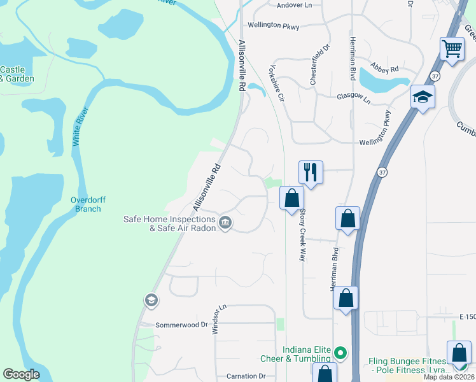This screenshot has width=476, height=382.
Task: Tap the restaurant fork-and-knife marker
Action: (x=311, y=172)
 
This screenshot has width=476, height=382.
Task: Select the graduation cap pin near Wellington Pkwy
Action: (x=423, y=97)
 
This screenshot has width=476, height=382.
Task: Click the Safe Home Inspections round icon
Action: (x=225, y=222)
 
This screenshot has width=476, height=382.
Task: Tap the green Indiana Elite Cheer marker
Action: (x=340, y=352)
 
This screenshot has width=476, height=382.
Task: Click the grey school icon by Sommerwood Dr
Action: (x=151, y=300)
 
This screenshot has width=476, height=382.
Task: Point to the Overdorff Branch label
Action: (x=85, y=204)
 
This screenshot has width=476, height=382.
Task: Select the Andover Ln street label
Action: (x=295, y=5)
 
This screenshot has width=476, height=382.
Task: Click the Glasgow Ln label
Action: (x=353, y=97)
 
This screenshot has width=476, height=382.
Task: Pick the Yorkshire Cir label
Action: (x=276, y=83)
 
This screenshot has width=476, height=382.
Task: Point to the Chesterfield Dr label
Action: (x=319, y=64)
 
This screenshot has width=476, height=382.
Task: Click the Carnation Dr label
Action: (x=244, y=376)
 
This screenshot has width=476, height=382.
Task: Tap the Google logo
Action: (x=21, y=374)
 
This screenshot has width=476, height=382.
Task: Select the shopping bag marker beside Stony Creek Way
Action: (x=291, y=198)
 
